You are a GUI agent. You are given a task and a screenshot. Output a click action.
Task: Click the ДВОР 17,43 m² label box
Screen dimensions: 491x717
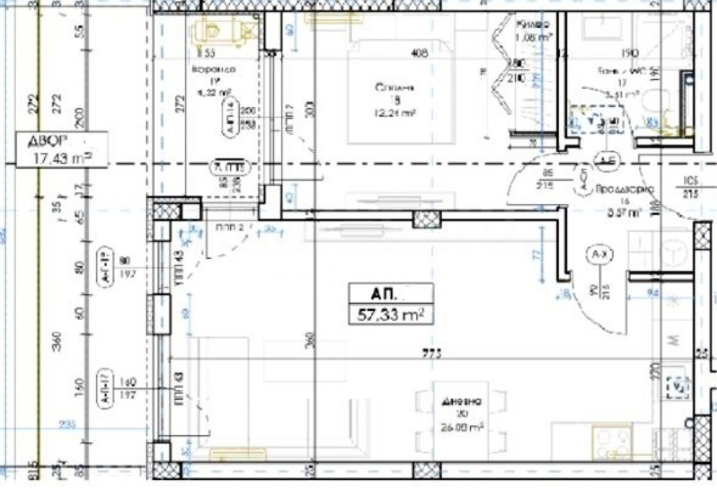pos(62,149)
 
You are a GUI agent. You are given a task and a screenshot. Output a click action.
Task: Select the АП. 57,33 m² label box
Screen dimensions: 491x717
pos(391,303)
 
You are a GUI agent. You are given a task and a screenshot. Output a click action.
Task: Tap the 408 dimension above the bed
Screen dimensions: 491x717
pos(419,53)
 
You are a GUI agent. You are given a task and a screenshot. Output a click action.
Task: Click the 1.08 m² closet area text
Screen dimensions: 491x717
pos(533,37)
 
